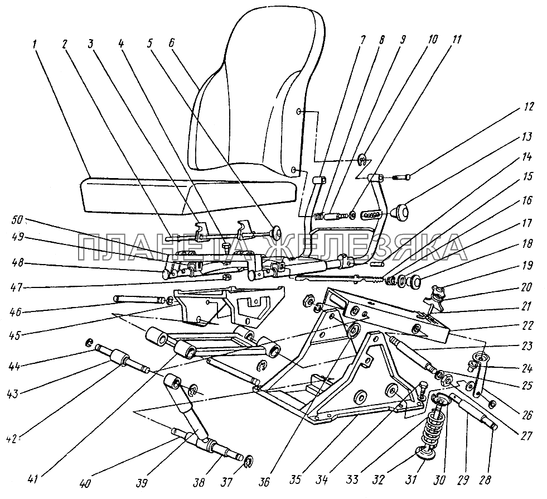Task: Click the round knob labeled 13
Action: pos(399,212)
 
